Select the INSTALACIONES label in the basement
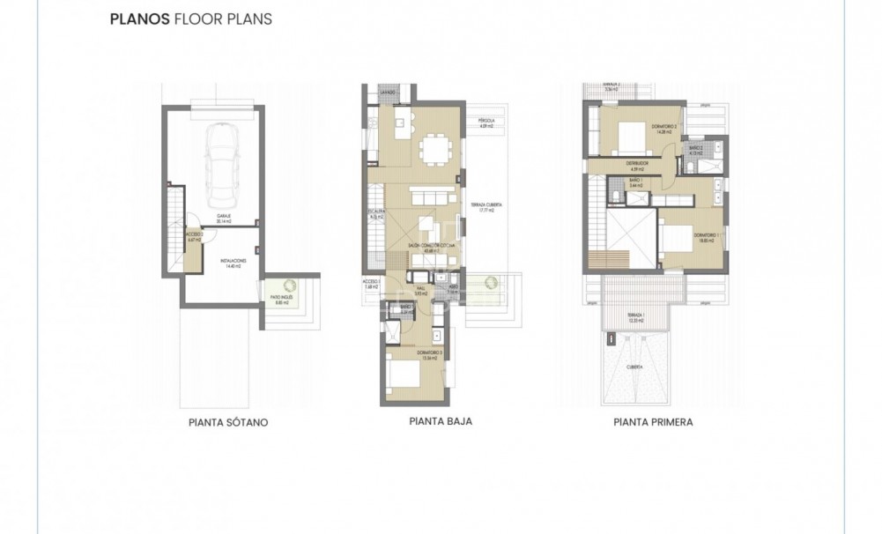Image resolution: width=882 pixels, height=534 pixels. [x=233, y=263]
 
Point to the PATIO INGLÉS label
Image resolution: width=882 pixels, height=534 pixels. [x=281, y=299]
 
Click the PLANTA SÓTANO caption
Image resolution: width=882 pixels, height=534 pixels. [x=228, y=423]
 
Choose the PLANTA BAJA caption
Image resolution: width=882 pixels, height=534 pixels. [x=441, y=422]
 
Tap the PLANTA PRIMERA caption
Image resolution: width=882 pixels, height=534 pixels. [x=653, y=423]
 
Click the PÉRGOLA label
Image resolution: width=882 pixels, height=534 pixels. [x=485, y=122]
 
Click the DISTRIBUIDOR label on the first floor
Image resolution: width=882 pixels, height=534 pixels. [x=637, y=165]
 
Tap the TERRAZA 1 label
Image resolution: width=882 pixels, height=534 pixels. [x=635, y=315]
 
